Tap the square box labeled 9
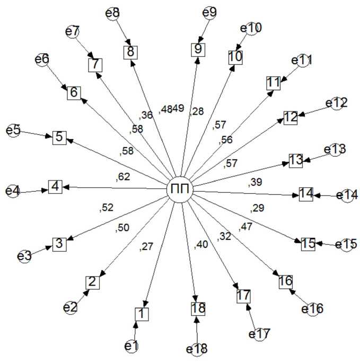pyautogui.click(x=198, y=50)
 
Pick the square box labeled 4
pyautogui.click(x=56, y=187)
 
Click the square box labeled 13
pyautogui.click(x=295, y=160)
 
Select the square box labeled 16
pyautogui.click(x=286, y=282)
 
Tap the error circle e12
pyautogui.click(x=338, y=103)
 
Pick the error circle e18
pyautogui.click(x=197, y=349)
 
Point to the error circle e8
pyautogui.click(x=113, y=13)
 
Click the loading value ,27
pyautogui.click(x=146, y=246)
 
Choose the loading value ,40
pyautogui.click(x=201, y=244)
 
